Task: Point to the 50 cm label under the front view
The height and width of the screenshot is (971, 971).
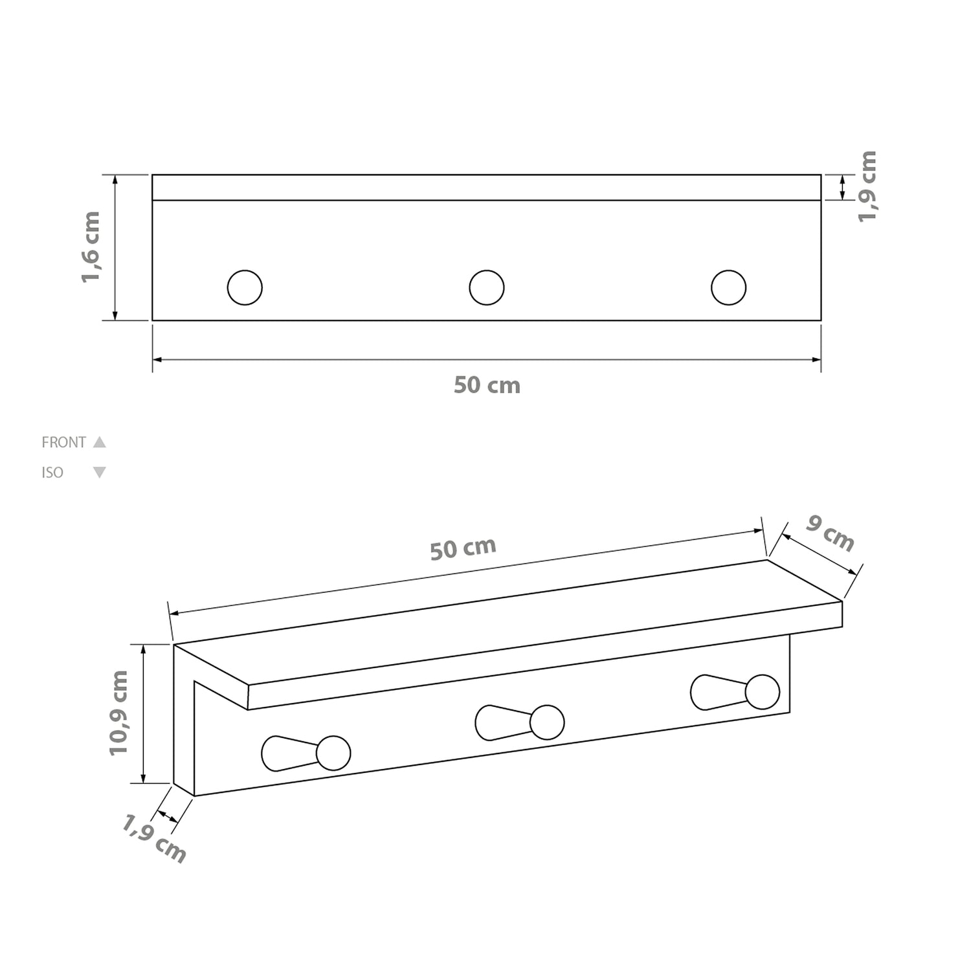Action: tap(487, 385)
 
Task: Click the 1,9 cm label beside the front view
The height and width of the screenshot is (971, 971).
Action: tap(867, 186)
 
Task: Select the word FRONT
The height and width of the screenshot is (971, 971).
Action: tap(63, 443)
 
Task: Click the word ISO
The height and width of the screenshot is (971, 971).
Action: tap(52, 473)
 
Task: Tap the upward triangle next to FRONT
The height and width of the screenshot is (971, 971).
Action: tap(99, 442)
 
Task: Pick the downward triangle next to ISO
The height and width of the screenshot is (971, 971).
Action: tap(99, 473)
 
